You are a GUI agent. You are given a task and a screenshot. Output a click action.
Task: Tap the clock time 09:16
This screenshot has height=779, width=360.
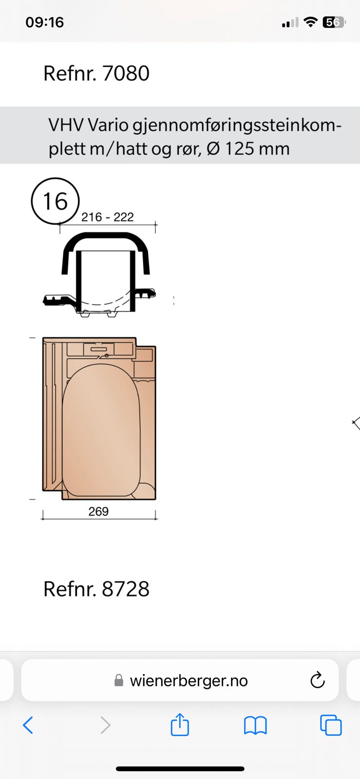[44, 22]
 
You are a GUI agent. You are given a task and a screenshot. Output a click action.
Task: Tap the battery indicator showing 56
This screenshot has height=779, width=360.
[333, 22]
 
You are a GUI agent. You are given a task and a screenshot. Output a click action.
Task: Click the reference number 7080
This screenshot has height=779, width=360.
[126, 74]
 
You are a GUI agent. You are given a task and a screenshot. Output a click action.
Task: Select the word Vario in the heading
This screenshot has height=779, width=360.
[108, 125]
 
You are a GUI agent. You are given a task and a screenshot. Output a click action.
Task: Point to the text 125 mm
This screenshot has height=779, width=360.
[258, 149]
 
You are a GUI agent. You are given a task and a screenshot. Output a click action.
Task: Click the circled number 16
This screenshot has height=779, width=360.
[56, 201]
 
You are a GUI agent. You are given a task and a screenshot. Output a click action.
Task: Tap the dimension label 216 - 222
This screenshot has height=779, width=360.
[108, 217]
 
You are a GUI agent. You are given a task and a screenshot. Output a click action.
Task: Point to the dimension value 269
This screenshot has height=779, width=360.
[98, 511]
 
